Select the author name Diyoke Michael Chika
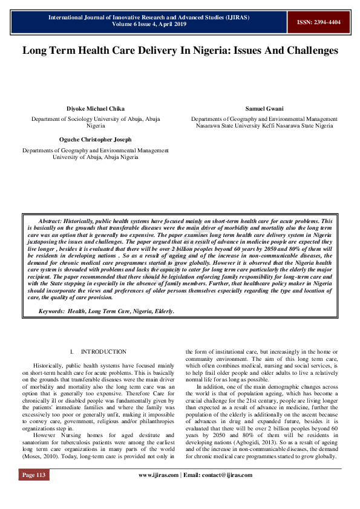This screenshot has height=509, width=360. [x=96, y=109]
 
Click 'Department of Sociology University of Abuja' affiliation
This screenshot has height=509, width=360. [x=96, y=120]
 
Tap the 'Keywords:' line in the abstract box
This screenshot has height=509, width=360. [x=106, y=311]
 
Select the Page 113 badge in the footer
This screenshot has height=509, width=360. [x=34, y=492]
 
